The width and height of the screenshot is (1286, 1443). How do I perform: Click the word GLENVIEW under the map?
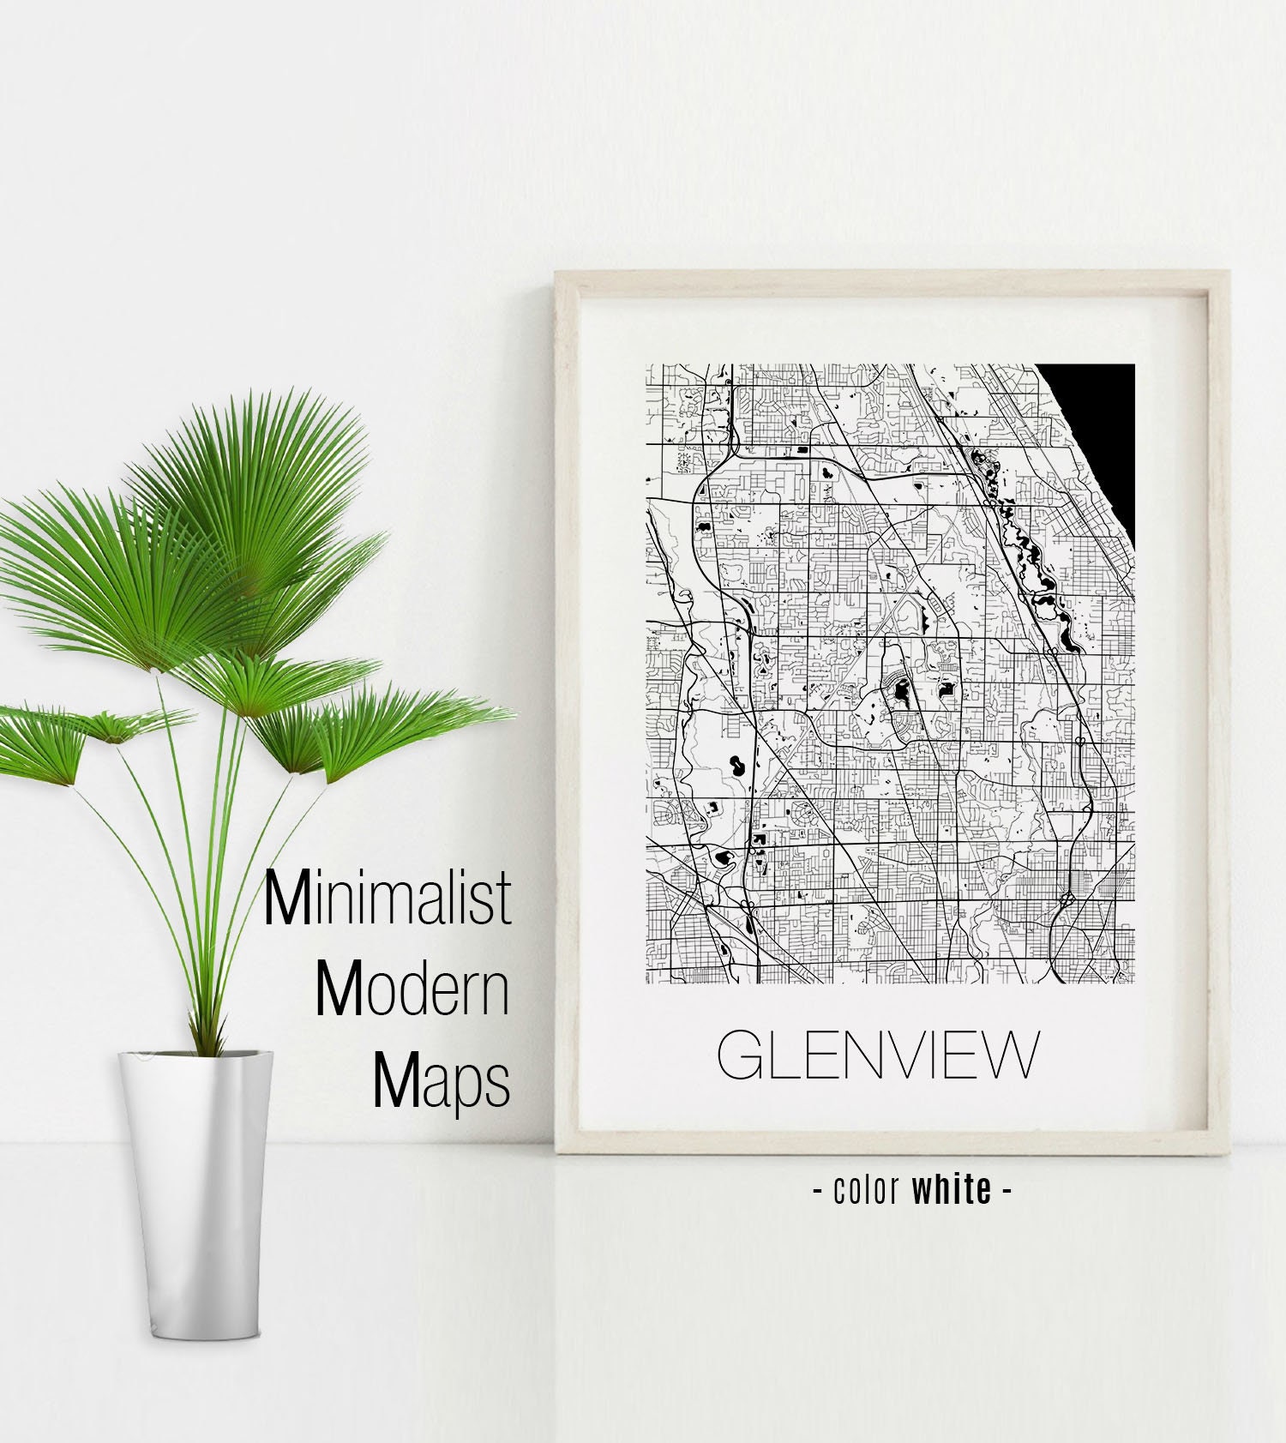click(877, 1055)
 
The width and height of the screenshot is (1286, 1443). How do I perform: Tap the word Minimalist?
click(388, 898)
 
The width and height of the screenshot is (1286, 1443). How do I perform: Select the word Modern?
click(413, 990)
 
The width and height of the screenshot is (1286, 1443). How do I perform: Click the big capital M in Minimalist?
click(285, 898)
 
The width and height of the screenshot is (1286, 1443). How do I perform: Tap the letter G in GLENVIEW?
click(740, 1055)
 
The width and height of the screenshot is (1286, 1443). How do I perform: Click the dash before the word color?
click(817, 1191)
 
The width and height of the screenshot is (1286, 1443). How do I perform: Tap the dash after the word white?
click(1006, 1191)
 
